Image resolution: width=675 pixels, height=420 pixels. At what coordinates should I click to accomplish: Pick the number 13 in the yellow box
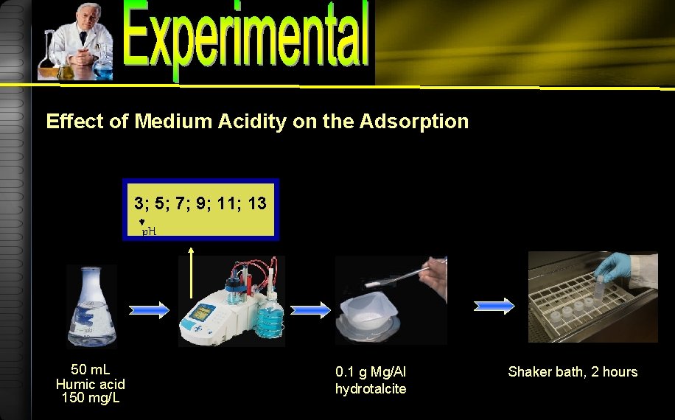pyautogui.click(x=257, y=202)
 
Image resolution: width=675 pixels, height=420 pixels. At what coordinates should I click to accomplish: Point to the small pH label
pyautogui.click(x=149, y=231)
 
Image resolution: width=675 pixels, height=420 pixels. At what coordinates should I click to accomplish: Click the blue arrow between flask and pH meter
pyautogui.click(x=150, y=311)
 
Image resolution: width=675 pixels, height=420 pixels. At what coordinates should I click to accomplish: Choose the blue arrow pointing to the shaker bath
pyautogui.click(x=494, y=305)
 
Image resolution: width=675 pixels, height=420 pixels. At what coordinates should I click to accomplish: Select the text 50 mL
pyautogui.click(x=90, y=369)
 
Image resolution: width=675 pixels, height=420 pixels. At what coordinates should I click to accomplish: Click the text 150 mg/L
pyautogui.click(x=90, y=399)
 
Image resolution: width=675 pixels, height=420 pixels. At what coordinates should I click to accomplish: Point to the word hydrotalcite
pyautogui.click(x=371, y=389)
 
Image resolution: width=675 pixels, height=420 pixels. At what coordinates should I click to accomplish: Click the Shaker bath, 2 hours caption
pyautogui.click(x=573, y=372)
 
